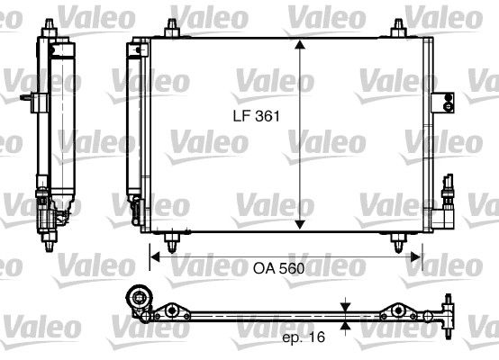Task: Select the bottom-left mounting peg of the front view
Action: [171, 242]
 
